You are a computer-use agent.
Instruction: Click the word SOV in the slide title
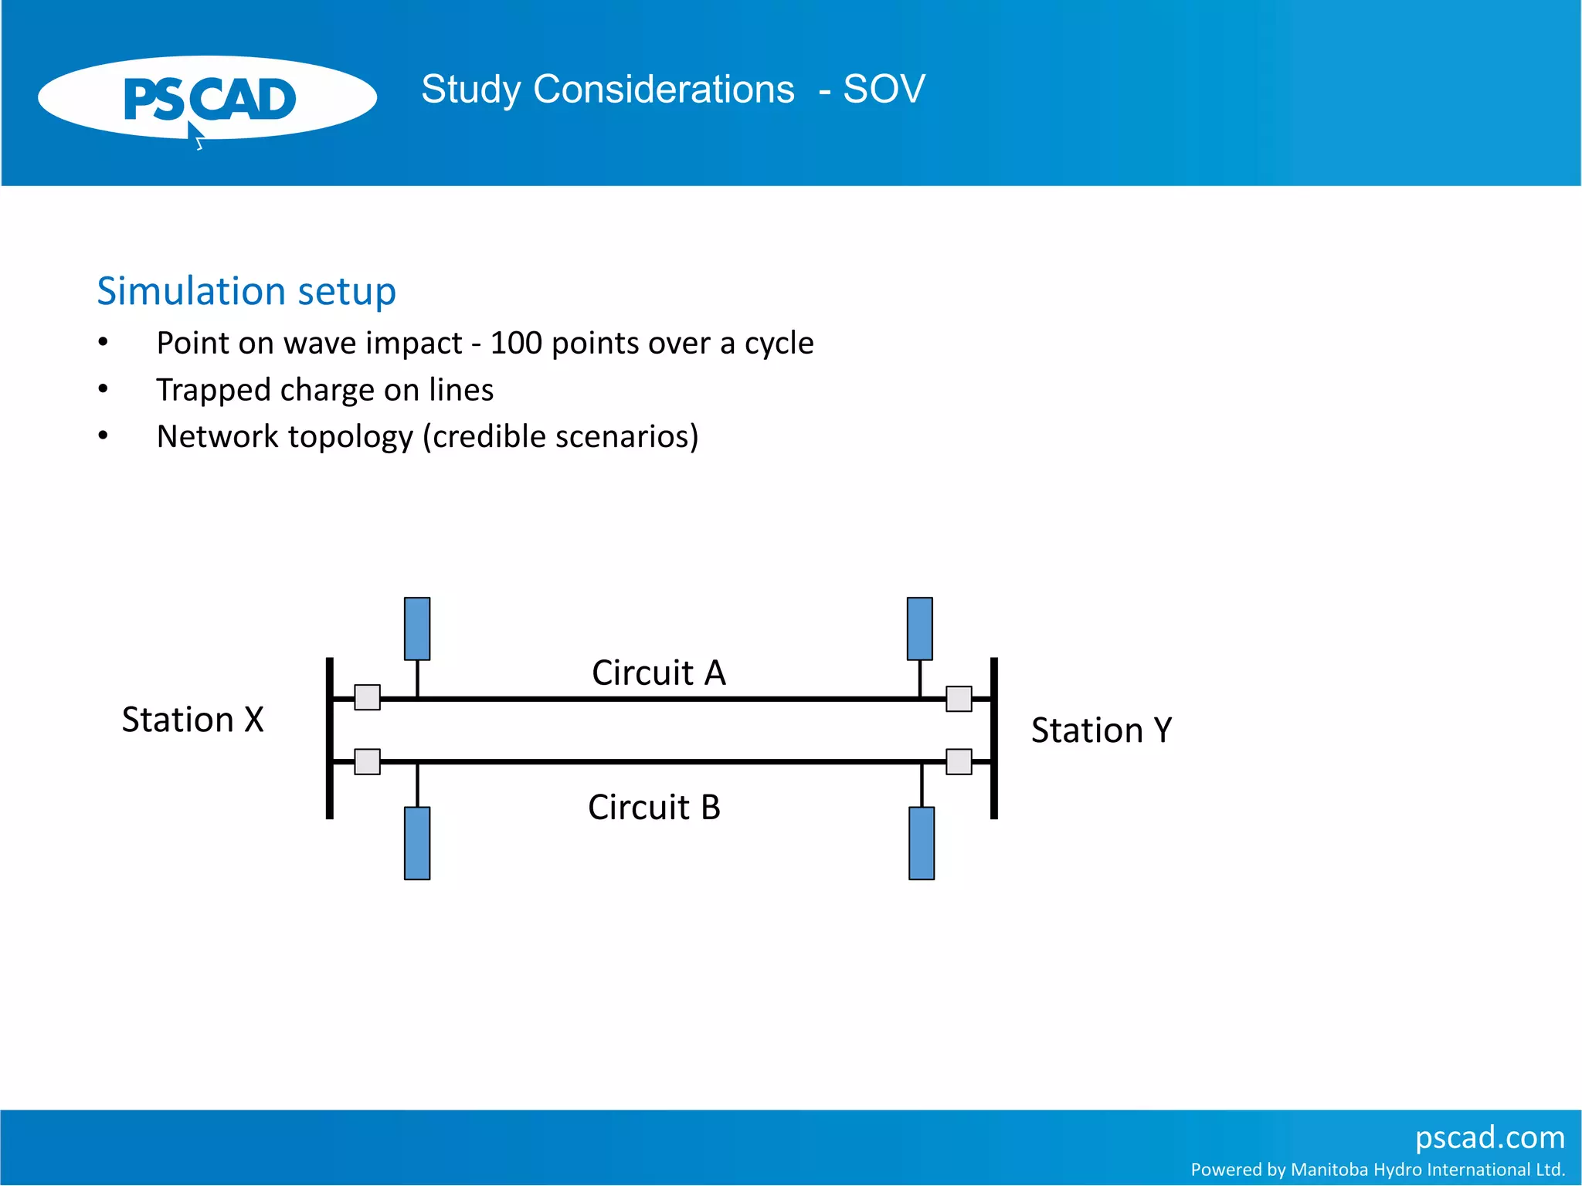pyautogui.click(x=884, y=90)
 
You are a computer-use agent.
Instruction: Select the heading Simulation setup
pyautogui.click(x=246, y=292)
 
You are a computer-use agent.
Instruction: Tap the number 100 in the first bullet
pyautogui.click(x=516, y=344)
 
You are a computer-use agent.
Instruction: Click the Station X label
pyautogui.click(x=193, y=720)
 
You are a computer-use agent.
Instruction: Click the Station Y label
pyautogui.click(x=1102, y=730)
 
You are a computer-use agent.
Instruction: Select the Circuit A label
pyautogui.click(x=659, y=673)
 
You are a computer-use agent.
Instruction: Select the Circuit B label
pyautogui.click(x=654, y=808)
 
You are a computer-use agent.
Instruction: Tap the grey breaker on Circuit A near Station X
pyautogui.click(x=367, y=697)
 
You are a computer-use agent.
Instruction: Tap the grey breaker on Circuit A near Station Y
pyautogui.click(x=959, y=699)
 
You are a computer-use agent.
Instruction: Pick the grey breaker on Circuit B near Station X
pyautogui.click(x=367, y=761)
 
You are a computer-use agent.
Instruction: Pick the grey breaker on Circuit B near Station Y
pyautogui.click(x=959, y=761)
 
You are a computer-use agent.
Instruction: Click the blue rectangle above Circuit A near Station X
pyautogui.click(x=417, y=629)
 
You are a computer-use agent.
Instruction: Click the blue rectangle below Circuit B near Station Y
pyautogui.click(x=922, y=843)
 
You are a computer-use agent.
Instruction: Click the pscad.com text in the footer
pyautogui.click(x=1489, y=1137)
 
